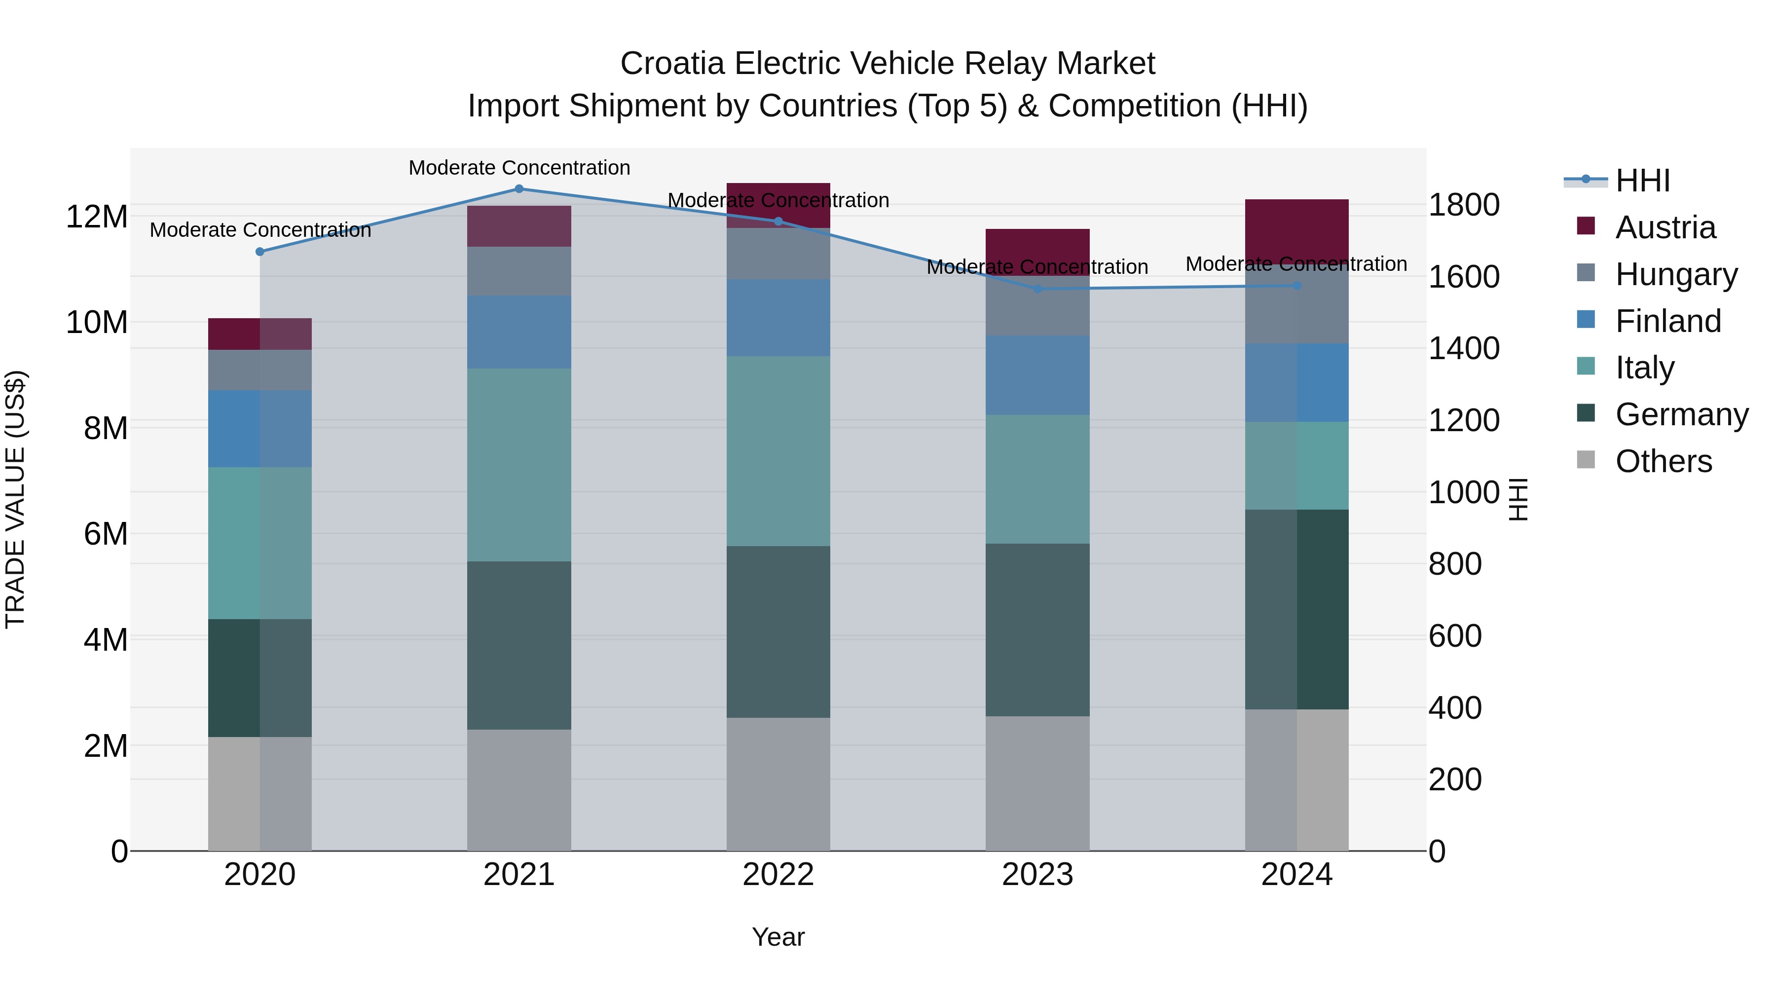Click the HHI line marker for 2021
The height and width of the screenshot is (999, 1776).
519,189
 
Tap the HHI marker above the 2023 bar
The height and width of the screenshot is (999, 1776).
1037,289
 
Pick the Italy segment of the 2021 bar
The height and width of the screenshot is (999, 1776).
519,465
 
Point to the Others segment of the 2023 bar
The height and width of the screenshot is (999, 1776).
1037,783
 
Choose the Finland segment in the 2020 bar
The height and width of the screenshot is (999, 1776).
260,429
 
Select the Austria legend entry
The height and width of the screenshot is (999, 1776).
1665,227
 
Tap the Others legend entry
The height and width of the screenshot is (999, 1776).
1663,461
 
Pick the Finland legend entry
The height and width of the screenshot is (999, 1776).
1667,321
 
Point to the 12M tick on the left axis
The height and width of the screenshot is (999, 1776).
97,217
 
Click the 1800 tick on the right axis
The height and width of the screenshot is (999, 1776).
1463,205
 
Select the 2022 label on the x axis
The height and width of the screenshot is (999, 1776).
778,875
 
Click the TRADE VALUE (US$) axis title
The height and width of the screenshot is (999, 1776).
15,499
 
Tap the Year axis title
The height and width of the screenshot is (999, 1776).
778,937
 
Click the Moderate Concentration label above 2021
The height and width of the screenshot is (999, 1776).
519,168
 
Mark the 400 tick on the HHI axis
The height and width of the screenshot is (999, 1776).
1455,708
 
